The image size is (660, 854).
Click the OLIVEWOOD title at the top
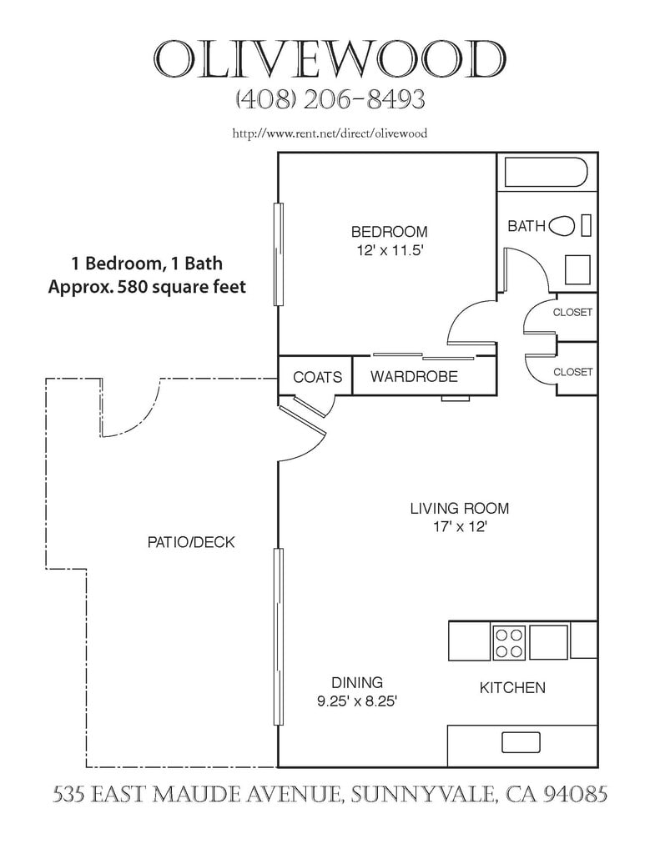(x=330, y=59)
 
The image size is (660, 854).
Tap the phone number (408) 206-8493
(x=330, y=99)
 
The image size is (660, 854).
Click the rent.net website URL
(x=330, y=133)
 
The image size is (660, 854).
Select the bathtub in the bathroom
(x=546, y=172)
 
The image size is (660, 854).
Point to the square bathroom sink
(x=577, y=269)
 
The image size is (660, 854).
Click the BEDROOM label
(x=389, y=232)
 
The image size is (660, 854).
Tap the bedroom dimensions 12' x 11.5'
(x=388, y=251)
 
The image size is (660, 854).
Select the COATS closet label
(x=317, y=377)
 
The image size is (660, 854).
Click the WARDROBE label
(x=414, y=376)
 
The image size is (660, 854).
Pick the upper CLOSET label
(x=572, y=313)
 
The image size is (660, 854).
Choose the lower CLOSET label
(x=572, y=372)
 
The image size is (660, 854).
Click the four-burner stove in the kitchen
(x=509, y=643)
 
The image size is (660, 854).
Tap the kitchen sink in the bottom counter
(x=521, y=742)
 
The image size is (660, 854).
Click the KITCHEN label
(x=512, y=687)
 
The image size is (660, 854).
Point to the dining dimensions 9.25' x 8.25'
(x=356, y=701)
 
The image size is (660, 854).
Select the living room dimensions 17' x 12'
(x=460, y=527)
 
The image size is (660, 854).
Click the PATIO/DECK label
(x=191, y=542)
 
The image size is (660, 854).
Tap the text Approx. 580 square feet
(x=147, y=287)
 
